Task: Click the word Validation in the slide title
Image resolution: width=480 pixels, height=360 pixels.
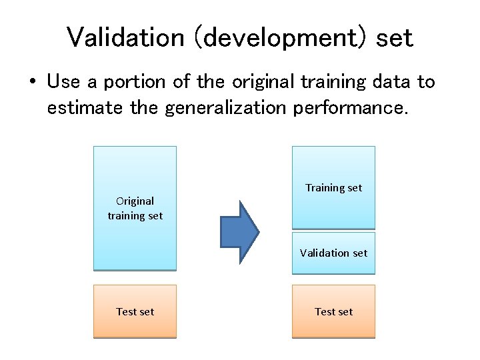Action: point(125,37)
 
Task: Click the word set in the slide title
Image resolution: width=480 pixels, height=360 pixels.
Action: point(394,38)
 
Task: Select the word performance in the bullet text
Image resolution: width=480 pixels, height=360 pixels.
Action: point(349,108)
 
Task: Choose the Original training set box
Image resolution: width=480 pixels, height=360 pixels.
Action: point(135,208)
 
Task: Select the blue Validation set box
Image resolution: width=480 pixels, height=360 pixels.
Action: point(333,253)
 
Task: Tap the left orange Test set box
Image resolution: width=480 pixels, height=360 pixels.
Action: point(135,311)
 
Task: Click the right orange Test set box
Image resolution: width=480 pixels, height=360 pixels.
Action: point(333,311)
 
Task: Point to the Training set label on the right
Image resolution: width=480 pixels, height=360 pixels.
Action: point(333,187)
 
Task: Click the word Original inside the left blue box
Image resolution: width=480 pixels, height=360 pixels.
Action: point(135,201)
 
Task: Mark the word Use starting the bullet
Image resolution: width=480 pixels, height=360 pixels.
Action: point(63,82)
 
